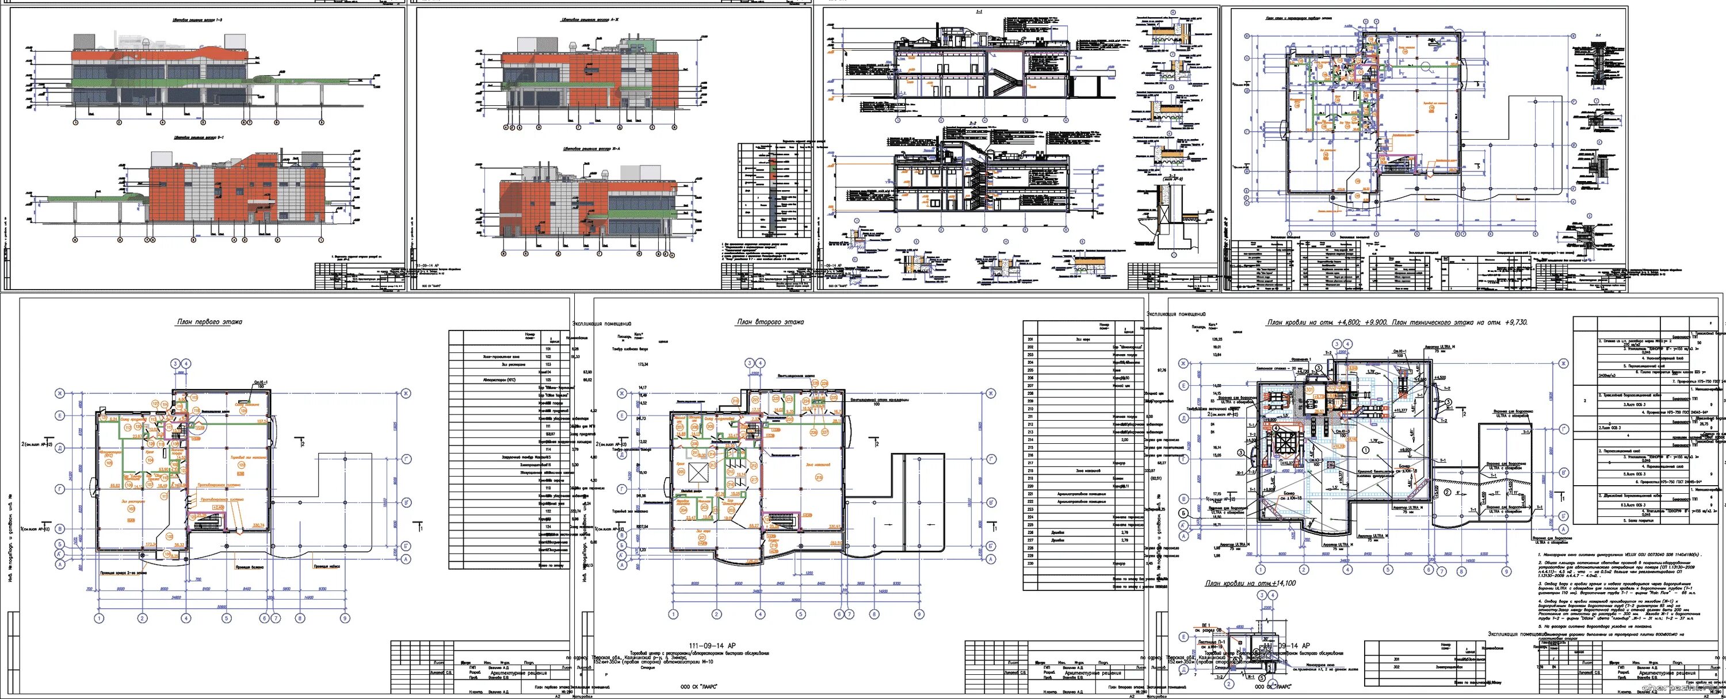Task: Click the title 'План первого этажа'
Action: tap(208, 322)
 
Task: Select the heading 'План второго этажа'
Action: tap(770, 322)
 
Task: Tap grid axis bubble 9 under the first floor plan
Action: tap(345, 618)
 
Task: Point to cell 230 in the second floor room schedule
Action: tap(1030, 563)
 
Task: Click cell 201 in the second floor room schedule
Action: tap(1030, 339)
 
